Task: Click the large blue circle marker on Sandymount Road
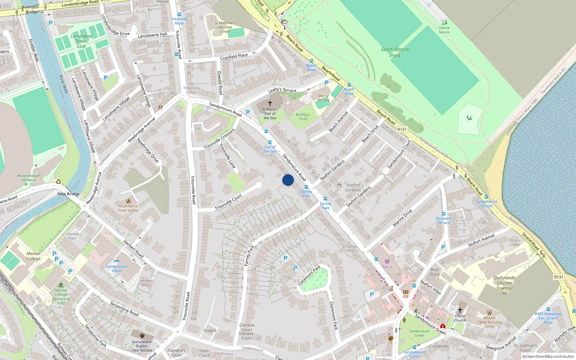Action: (x=288, y=180)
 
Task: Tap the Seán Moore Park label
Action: (x=395, y=53)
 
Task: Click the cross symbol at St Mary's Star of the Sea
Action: (x=270, y=103)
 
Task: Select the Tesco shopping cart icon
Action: (x=387, y=262)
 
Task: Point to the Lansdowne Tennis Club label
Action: (x=81, y=41)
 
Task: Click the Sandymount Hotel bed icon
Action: (x=116, y=262)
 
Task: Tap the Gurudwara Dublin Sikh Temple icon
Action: (x=142, y=336)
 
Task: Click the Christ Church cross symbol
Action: (x=460, y=310)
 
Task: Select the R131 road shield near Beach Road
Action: (x=402, y=129)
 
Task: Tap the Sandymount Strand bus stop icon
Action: (x=486, y=197)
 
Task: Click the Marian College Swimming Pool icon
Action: (x=61, y=285)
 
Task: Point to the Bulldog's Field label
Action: (x=303, y=117)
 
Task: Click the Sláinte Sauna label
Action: (x=444, y=30)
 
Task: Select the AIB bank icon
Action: (x=406, y=292)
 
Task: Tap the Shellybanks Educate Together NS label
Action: (x=504, y=285)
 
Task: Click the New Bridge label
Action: (x=68, y=194)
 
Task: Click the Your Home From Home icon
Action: (x=128, y=201)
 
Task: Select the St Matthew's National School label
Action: (x=225, y=27)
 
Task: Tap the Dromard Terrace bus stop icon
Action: (x=444, y=214)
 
